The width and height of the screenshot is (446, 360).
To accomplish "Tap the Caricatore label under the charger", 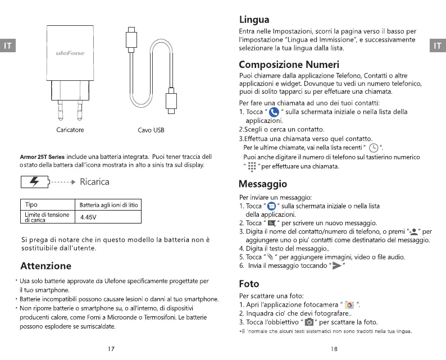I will (x=70, y=130).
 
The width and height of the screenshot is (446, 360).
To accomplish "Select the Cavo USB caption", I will (x=151, y=130).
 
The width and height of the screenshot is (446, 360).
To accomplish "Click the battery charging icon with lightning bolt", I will (x=35, y=183).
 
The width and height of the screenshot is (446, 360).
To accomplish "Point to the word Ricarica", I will (x=94, y=182).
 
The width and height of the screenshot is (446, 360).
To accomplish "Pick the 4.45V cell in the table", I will (x=89, y=217).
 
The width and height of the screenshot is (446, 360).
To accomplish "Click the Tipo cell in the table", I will (x=32, y=204).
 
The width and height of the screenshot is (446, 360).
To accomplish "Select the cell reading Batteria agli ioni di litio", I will (x=108, y=205).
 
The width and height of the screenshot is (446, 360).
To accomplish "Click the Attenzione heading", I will (x=45, y=266).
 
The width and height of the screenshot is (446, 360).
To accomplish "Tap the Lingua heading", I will (x=254, y=20).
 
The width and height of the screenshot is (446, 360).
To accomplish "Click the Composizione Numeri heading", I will (x=289, y=63).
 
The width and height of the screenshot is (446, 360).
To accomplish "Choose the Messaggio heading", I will (x=263, y=184).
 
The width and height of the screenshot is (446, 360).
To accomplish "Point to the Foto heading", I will (x=249, y=284).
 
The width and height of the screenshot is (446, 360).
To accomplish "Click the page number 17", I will (x=111, y=348).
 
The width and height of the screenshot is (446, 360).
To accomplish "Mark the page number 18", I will (x=335, y=348).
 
